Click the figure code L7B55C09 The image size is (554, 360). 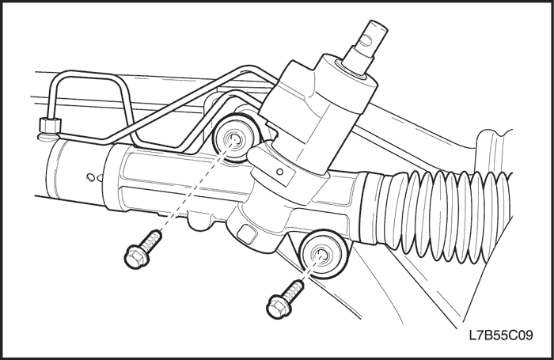click(501, 335)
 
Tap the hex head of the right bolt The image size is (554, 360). click(279, 307)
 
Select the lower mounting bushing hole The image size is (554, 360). click(321, 254)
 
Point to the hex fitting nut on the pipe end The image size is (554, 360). click(50, 125)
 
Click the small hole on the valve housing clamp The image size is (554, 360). click(280, 172)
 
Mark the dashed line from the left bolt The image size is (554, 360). click(195, 186)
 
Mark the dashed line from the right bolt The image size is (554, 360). click(311, 268)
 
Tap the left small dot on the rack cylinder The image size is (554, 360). click(91, 177)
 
